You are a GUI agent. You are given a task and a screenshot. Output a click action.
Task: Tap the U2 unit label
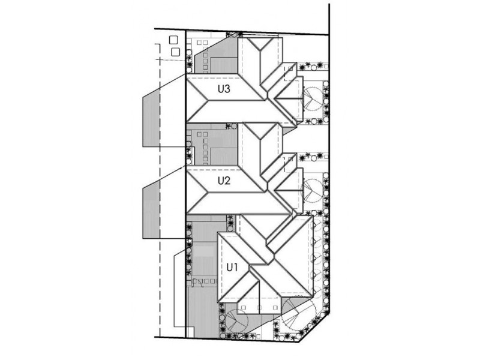click(224, 179)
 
